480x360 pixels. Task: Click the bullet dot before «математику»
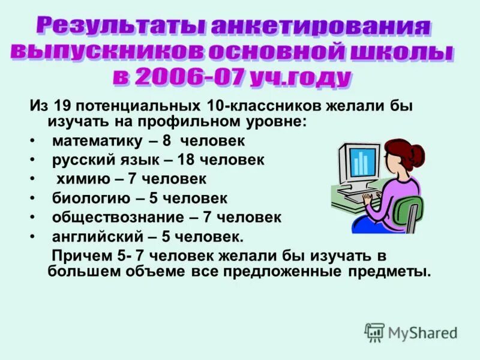(x=32, y=142)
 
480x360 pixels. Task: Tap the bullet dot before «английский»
(x=32, y=236)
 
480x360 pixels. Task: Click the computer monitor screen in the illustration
(x=361, y=161)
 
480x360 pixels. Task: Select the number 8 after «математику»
(x=167, y=142)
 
